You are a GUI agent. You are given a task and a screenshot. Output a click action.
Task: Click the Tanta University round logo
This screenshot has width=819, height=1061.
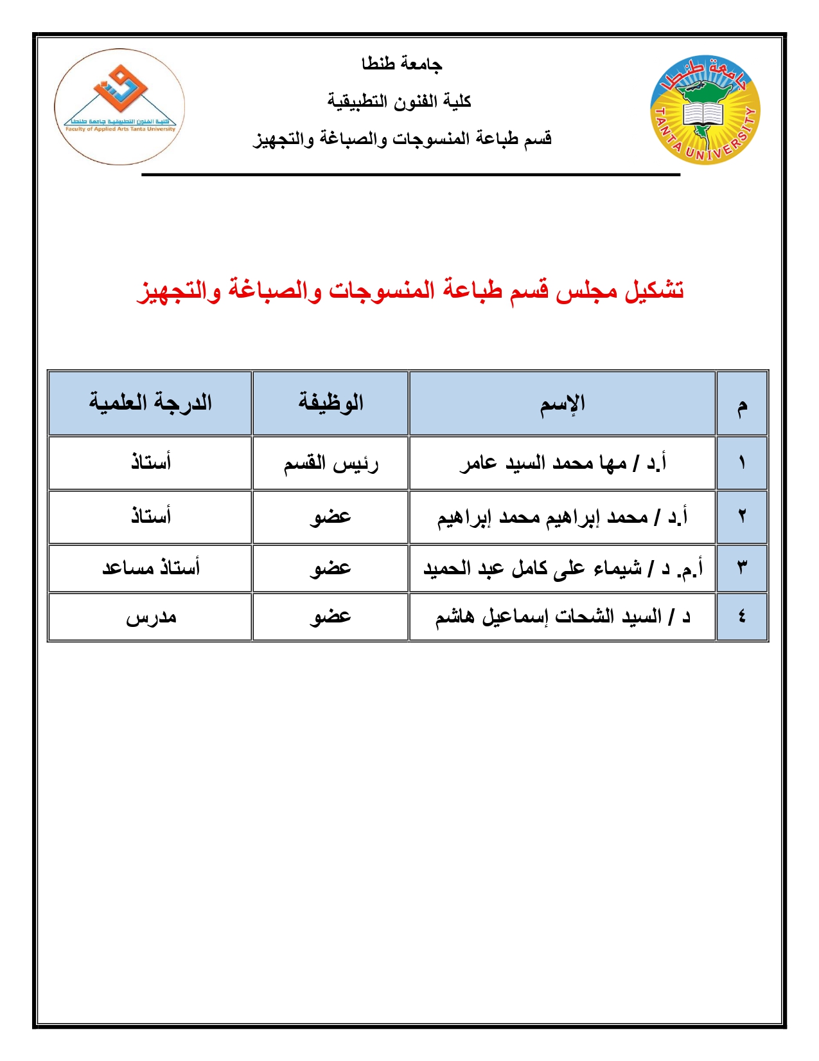705,109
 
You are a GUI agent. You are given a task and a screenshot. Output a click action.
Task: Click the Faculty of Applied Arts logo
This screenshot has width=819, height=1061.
120,107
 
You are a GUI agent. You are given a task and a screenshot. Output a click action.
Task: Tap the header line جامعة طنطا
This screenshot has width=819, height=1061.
401,64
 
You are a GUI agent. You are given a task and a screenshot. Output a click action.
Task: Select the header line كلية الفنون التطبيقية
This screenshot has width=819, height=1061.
399,101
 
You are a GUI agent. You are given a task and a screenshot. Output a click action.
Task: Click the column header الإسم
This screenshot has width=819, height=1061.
562,404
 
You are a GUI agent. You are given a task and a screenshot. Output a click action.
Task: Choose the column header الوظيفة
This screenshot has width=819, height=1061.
330,404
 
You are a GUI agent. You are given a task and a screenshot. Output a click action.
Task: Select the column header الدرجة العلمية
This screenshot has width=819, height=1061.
150,404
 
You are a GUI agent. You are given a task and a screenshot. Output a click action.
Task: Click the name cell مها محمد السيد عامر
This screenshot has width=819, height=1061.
562,463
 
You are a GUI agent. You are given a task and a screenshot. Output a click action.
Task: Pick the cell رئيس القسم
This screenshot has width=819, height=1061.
330,463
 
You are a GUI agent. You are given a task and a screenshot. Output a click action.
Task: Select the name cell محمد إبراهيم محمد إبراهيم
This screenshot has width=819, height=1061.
562,517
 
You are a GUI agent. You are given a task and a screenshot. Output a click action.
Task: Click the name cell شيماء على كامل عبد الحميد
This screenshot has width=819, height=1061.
562,568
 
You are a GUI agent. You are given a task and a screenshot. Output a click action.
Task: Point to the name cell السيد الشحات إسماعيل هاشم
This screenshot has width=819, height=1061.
562,617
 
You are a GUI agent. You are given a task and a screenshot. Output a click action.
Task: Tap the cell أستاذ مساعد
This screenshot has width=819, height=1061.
150,568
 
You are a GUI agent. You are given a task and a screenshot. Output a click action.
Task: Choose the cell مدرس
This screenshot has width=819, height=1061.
150,617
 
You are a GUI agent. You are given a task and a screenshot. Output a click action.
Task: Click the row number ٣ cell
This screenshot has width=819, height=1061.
742,568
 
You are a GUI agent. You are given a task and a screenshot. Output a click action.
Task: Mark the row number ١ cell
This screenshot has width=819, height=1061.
742,463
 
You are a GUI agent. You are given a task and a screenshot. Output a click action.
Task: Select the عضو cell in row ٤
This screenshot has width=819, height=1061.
330,617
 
